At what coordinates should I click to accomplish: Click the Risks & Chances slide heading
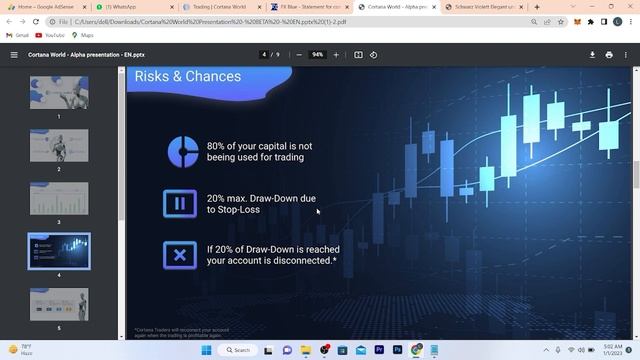pos(187,76)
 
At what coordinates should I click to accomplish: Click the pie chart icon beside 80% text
pos(180,151)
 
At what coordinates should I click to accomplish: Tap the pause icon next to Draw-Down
pos(180,204)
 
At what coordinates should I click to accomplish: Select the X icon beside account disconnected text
pos(180,255)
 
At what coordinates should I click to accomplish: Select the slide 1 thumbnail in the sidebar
pos(59,95)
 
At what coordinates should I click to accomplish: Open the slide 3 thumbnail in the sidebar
pos(59,198)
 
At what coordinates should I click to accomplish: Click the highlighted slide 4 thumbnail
pos(59,251)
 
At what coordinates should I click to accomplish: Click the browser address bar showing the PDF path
pos(300,21)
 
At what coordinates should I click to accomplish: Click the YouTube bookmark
pos(51,35)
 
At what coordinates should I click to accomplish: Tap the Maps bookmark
pos(85,35)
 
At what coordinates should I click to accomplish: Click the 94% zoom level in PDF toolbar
pos(317,55)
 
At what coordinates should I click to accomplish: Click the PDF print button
pos(609,55)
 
